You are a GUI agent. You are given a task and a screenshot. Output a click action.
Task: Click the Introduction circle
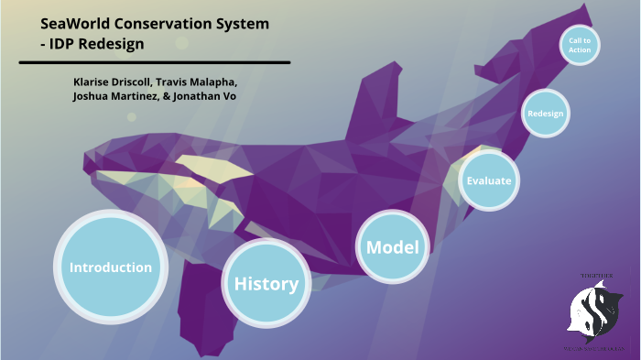111,267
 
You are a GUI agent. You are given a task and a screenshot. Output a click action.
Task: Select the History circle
266,284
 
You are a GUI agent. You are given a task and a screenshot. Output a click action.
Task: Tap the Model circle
392,247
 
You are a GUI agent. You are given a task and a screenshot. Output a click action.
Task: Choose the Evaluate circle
488,180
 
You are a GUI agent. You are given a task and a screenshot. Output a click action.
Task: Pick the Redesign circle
545,114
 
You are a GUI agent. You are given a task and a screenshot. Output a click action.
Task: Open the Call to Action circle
580,45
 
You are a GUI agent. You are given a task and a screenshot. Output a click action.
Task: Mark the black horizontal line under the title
154,62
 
